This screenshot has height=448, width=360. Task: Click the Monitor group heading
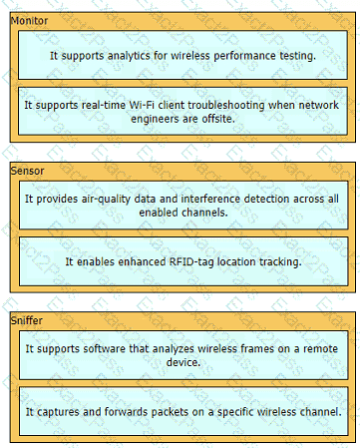29,21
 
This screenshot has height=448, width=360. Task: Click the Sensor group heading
27,171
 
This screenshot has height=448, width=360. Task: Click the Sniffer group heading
27,320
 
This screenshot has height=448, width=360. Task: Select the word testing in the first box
297,56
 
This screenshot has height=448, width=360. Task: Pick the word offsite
218,119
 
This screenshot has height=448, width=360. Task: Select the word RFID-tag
191,262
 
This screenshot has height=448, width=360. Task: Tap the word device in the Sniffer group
183,362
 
